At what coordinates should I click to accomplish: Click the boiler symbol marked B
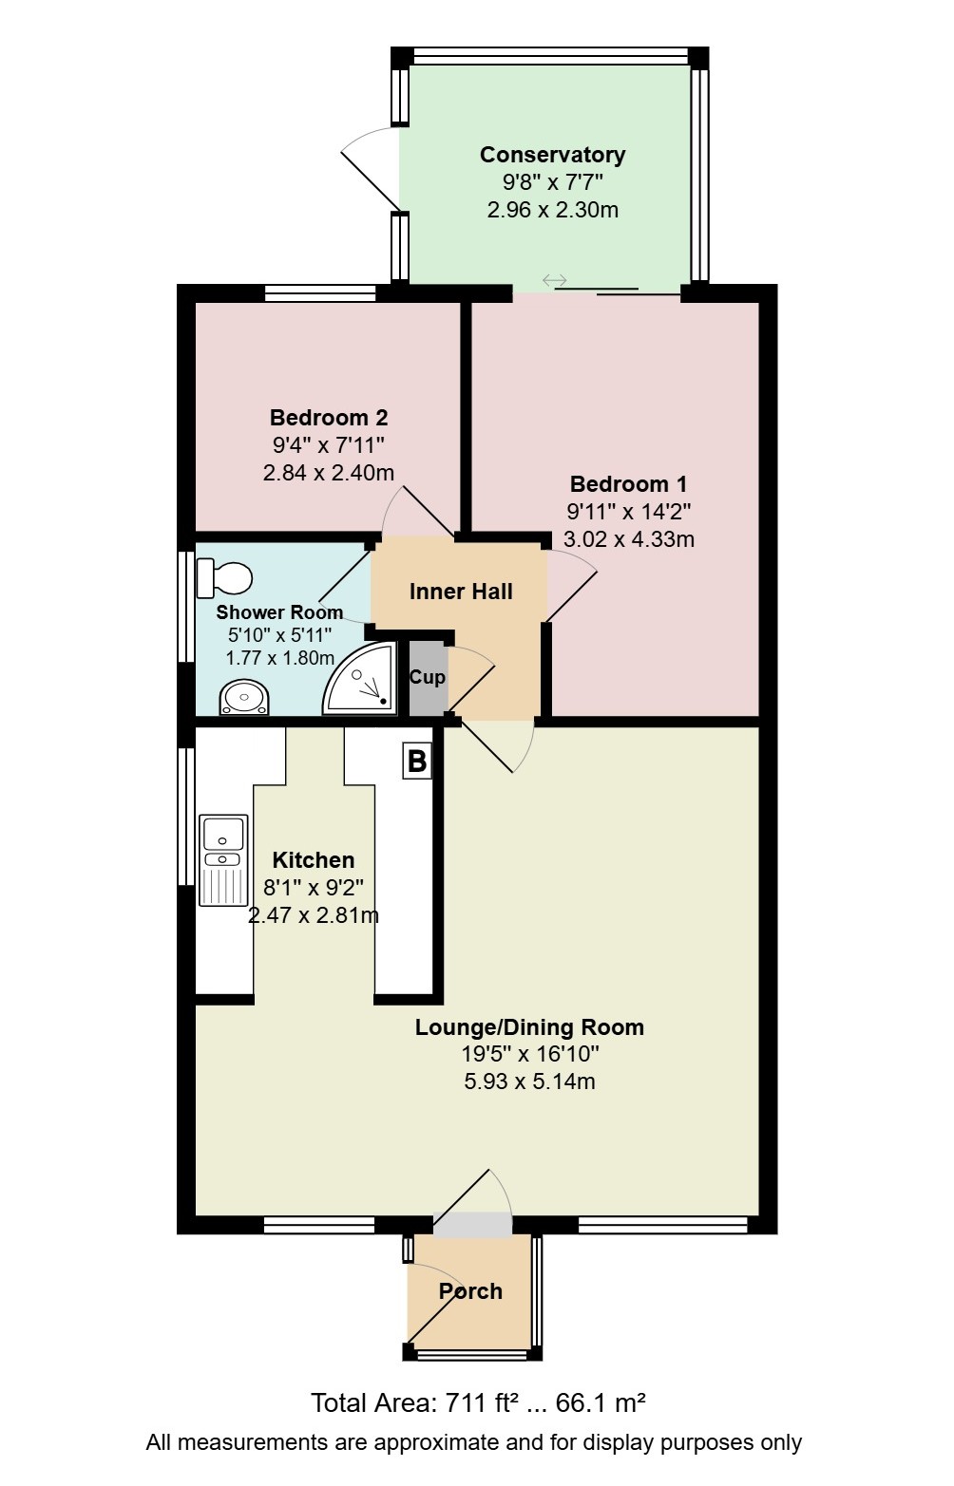click(x=417, y=761)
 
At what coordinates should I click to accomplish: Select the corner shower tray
click(x=360, y=677)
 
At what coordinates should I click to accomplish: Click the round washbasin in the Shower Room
click(x=244, y=697)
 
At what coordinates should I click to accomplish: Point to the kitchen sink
click(x=223, y=860)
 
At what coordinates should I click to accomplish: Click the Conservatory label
click(x=552, y=155)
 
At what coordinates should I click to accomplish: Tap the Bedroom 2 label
click(x=329, y=417)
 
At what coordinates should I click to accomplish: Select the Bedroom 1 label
click(x=628, y=483)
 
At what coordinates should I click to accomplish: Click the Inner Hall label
click(x=461, y=592)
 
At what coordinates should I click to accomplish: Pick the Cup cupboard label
click(x=427, y=677)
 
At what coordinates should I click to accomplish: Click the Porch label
click(x=470, y=1291)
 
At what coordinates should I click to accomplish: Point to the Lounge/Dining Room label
click(x=529, y=1027)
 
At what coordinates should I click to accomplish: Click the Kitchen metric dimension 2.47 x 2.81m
click(x=314, y=915)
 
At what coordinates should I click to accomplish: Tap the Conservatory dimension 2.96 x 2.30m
click(x=552, y=210)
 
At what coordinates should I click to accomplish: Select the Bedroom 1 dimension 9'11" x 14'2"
click(x=628, y=512)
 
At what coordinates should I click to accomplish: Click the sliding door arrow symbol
click(x=554, y=281)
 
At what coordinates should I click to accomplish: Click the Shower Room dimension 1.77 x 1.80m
click(x=279, y=658)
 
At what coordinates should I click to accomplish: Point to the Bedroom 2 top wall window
click(x=320, y=293)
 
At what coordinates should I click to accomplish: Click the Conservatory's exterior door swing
click(x=371, y=166)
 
